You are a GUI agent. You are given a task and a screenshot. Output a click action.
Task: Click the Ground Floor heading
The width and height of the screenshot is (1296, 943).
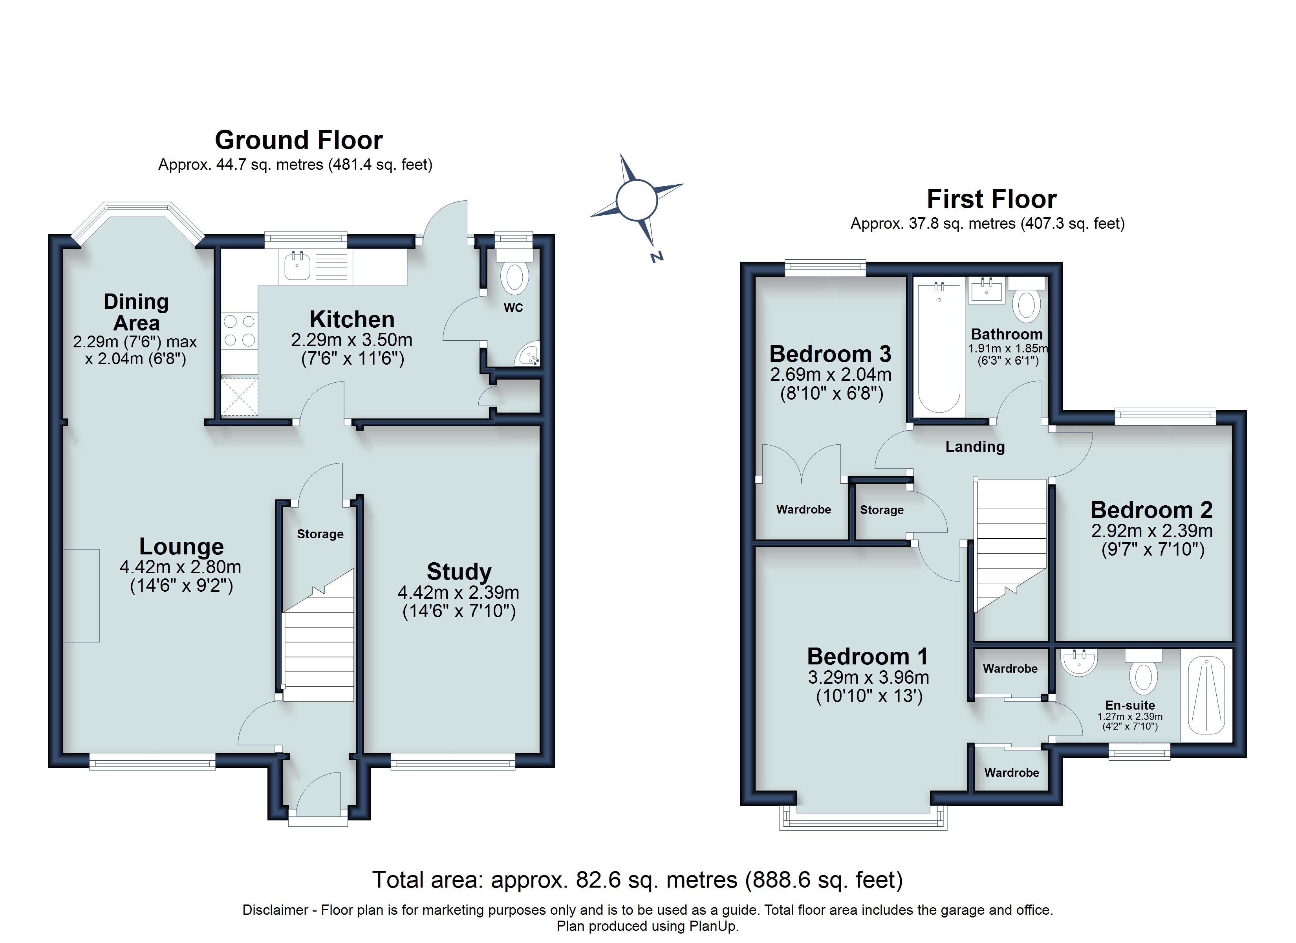[x=298, y=140]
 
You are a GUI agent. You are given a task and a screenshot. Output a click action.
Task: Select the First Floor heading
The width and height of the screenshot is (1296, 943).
[x=991, y=199]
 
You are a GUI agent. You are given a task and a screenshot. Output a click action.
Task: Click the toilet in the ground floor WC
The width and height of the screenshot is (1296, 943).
[x=514, y=277]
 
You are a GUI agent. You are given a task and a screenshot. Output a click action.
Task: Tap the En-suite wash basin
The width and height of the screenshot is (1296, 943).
[x=1079, y=663]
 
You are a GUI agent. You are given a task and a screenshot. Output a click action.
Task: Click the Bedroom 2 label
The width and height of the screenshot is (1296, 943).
[x=1151, y=510]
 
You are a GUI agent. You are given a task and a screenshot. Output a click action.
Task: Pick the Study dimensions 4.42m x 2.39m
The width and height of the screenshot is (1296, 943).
[x=458, y=593]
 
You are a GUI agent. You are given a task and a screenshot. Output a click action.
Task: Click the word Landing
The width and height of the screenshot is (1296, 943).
[x=975, y=447]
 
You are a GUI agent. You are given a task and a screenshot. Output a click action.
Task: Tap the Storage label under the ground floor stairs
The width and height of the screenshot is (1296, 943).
[x=320, y=534]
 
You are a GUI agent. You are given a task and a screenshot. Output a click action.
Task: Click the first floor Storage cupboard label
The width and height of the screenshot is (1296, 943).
[x=882, y=510]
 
